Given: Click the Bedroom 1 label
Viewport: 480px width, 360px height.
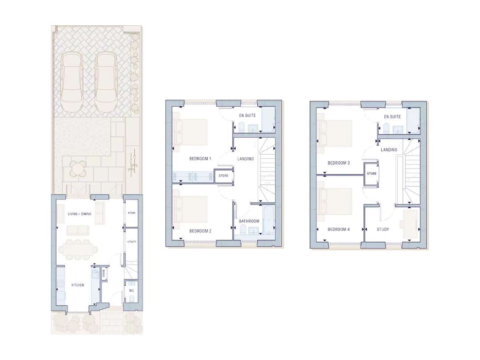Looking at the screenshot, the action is [200, 159].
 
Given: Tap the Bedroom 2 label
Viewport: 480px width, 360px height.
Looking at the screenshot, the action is [200, 231].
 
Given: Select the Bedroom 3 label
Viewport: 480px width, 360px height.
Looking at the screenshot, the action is [339, 163].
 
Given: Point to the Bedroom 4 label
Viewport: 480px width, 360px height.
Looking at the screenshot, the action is [339, 229].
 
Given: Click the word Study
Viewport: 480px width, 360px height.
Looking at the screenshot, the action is [383, 229].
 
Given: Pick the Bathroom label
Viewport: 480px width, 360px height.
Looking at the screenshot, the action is [249, 221].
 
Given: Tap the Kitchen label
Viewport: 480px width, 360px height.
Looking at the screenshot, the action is [78, 285].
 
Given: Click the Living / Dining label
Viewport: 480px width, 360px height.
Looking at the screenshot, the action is [80, 214].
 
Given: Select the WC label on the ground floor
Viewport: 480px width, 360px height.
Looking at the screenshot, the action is [132, 291].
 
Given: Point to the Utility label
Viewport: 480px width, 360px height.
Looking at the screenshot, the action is [132, 242].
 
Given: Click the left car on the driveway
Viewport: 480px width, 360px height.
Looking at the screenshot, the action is [72, 82].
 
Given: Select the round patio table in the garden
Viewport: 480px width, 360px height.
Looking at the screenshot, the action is [78, 169].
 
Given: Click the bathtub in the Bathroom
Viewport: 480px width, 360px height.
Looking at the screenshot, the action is [268, 221].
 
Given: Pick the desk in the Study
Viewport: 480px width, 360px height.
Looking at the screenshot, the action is [411, 224].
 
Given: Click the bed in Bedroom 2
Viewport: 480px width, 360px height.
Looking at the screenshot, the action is [190, 209].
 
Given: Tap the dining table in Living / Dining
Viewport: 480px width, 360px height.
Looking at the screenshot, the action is [78, 250].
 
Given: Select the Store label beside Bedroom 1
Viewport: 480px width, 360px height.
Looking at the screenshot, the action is [224, 176].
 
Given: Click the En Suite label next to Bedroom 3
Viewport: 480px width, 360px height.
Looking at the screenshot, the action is [392, 116].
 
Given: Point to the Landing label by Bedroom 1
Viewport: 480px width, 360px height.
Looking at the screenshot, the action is [245, 159].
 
